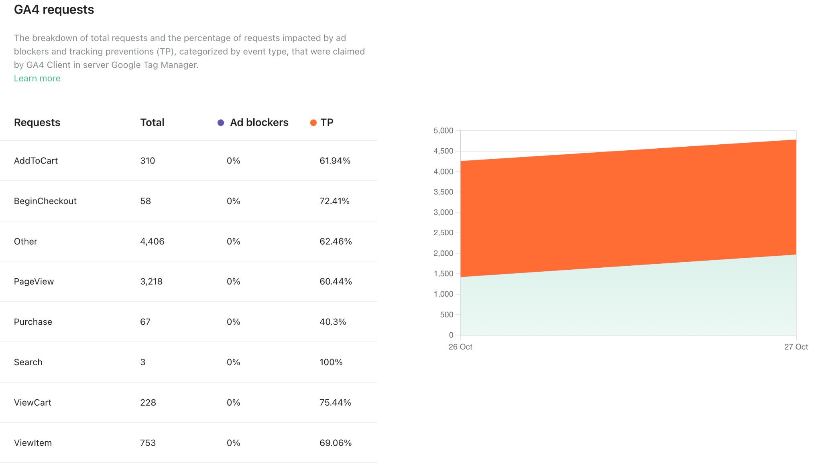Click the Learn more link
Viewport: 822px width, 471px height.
(x=37, y=79)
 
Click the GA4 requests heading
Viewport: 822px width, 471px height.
(x=54, y=10)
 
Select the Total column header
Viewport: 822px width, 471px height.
(x=152, y=123)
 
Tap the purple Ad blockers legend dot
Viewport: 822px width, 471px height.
(x=221, y=123)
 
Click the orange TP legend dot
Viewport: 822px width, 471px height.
(x=313, y=123)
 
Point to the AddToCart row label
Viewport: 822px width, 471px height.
(x=36, y=161)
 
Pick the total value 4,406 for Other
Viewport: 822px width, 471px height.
(x=152, y=241)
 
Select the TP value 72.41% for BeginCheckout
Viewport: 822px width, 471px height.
(x=334, y=201)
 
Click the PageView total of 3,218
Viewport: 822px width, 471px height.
(x=151, y=281)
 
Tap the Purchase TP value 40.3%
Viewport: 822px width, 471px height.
(x=333, y=322)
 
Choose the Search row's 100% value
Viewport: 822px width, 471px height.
(x=331, y=362)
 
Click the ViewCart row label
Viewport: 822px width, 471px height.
(x=33, y=402)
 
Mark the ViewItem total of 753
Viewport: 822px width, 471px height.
(x=148, y=443)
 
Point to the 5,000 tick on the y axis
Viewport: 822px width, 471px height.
(x=443, y=131)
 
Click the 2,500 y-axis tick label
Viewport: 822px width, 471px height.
(x=443, y=233)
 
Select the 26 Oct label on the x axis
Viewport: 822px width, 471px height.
(x=460, y=347)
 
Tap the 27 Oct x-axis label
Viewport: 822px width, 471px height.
(x=796, y=347)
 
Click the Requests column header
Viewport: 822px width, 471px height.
(x=37, y=123)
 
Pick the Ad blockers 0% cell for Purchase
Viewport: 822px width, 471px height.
(x=233, y=322)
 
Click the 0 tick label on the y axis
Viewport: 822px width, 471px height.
(x=451, y=335)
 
